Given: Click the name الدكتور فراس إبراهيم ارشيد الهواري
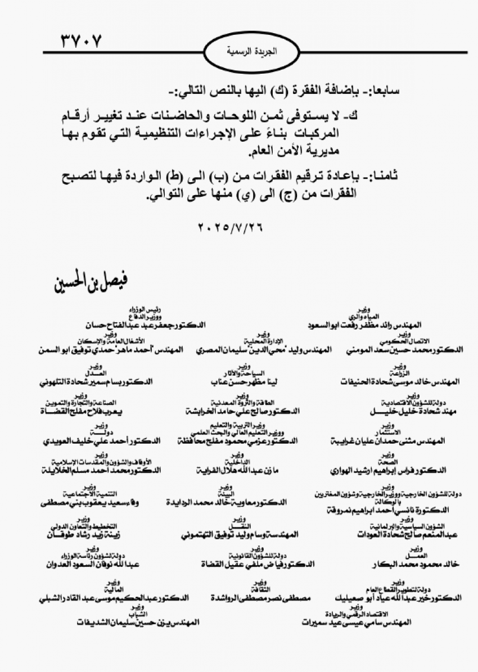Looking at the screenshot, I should [397, 468].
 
